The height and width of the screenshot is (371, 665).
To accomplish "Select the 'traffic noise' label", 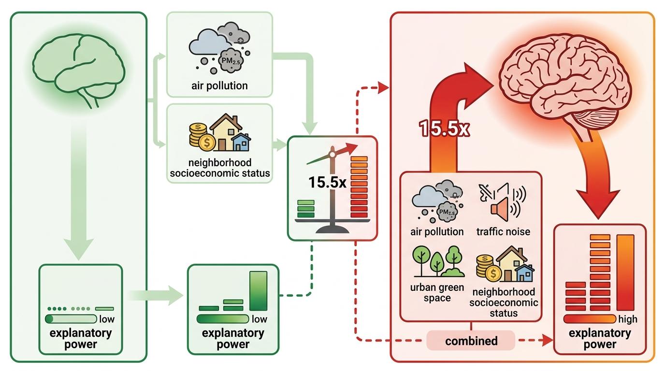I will [x=503, y=232].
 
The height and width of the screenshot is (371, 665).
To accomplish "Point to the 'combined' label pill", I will [x=471, y=341].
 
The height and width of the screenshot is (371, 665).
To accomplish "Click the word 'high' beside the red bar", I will [x=628, y=319].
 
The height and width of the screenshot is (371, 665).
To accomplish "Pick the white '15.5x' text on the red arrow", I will [x=444, y=129].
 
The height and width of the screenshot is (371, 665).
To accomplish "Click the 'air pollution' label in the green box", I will [x=219, y=86].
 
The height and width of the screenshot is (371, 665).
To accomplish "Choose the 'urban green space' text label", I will [x=437, y=293].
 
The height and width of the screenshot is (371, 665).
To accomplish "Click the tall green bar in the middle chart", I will [x=258, y=291].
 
